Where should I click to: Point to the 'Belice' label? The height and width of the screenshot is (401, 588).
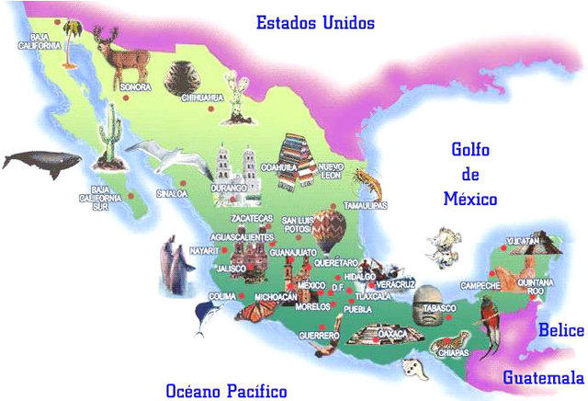tap(560, 329)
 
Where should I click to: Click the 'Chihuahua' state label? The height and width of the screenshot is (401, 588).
tap(203, 96)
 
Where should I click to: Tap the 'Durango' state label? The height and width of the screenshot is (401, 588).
tap(229, 188)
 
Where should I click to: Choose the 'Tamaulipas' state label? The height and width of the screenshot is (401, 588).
tap(365, 204)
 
